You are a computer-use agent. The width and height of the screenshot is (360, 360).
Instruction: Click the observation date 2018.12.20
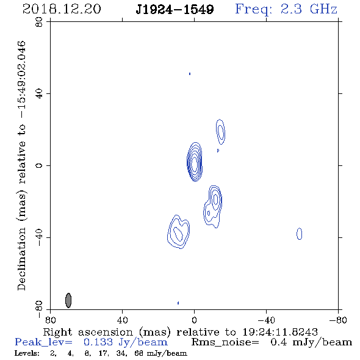pyautogui.click(x=62, y=9)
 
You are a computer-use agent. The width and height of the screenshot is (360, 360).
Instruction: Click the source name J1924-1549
pyautogui.click(x=175, y=10)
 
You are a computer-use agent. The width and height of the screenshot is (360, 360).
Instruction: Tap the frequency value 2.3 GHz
pyautogui.click(x=309, y=9)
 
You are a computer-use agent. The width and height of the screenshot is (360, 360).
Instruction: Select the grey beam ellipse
pyautogui.click(x=68, y=300)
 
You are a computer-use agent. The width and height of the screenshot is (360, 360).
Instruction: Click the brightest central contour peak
pyautogui.click(x=195, y=164)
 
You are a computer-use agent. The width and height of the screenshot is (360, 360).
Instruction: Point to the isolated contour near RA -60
pyautogui.click(x=300, y=234)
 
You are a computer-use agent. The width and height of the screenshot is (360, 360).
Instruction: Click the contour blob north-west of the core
pyautogui.click(x=221, y=132)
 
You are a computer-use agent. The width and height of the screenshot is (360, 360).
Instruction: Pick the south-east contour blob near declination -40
pyautogui.click(x=179, y=232)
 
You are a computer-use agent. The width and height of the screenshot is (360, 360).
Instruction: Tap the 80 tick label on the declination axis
pyautogui.click(x=39, y=22)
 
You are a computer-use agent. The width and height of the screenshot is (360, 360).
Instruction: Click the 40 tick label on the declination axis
pyautogui.click(x=39, y=94)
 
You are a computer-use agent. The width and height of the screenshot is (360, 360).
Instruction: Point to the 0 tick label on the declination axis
pyautogui.click(x=39, y=165)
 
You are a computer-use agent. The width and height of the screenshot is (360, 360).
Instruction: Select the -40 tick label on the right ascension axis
pyautogui.click(x=266, y=320)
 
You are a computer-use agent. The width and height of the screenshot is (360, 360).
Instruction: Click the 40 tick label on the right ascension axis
pyautogui.click(x=122, y=320)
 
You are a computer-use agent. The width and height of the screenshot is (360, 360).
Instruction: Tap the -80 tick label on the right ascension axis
pyautogui.click(x=338, y=320)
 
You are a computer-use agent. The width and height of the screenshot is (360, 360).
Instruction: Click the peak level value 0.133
pyautogui.click(x=98, y=342)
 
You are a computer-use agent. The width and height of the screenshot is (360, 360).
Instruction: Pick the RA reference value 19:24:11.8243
pyautogui.click(x=280, y=332)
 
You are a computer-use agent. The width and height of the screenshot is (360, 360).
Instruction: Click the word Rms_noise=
pyautogui.click(x=225, y=342)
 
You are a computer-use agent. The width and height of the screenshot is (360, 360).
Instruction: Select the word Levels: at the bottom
pyautogui.click(x=27, y=353)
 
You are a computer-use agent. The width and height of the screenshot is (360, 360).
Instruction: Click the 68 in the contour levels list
pyautogui.click(x=139, y=353)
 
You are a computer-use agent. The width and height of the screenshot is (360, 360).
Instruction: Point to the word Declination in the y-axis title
pyautogui.click(x=21, y=259)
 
